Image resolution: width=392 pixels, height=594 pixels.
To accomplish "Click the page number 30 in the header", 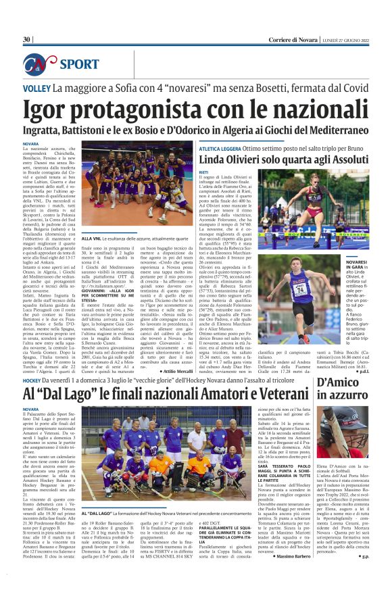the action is (26, 40).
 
